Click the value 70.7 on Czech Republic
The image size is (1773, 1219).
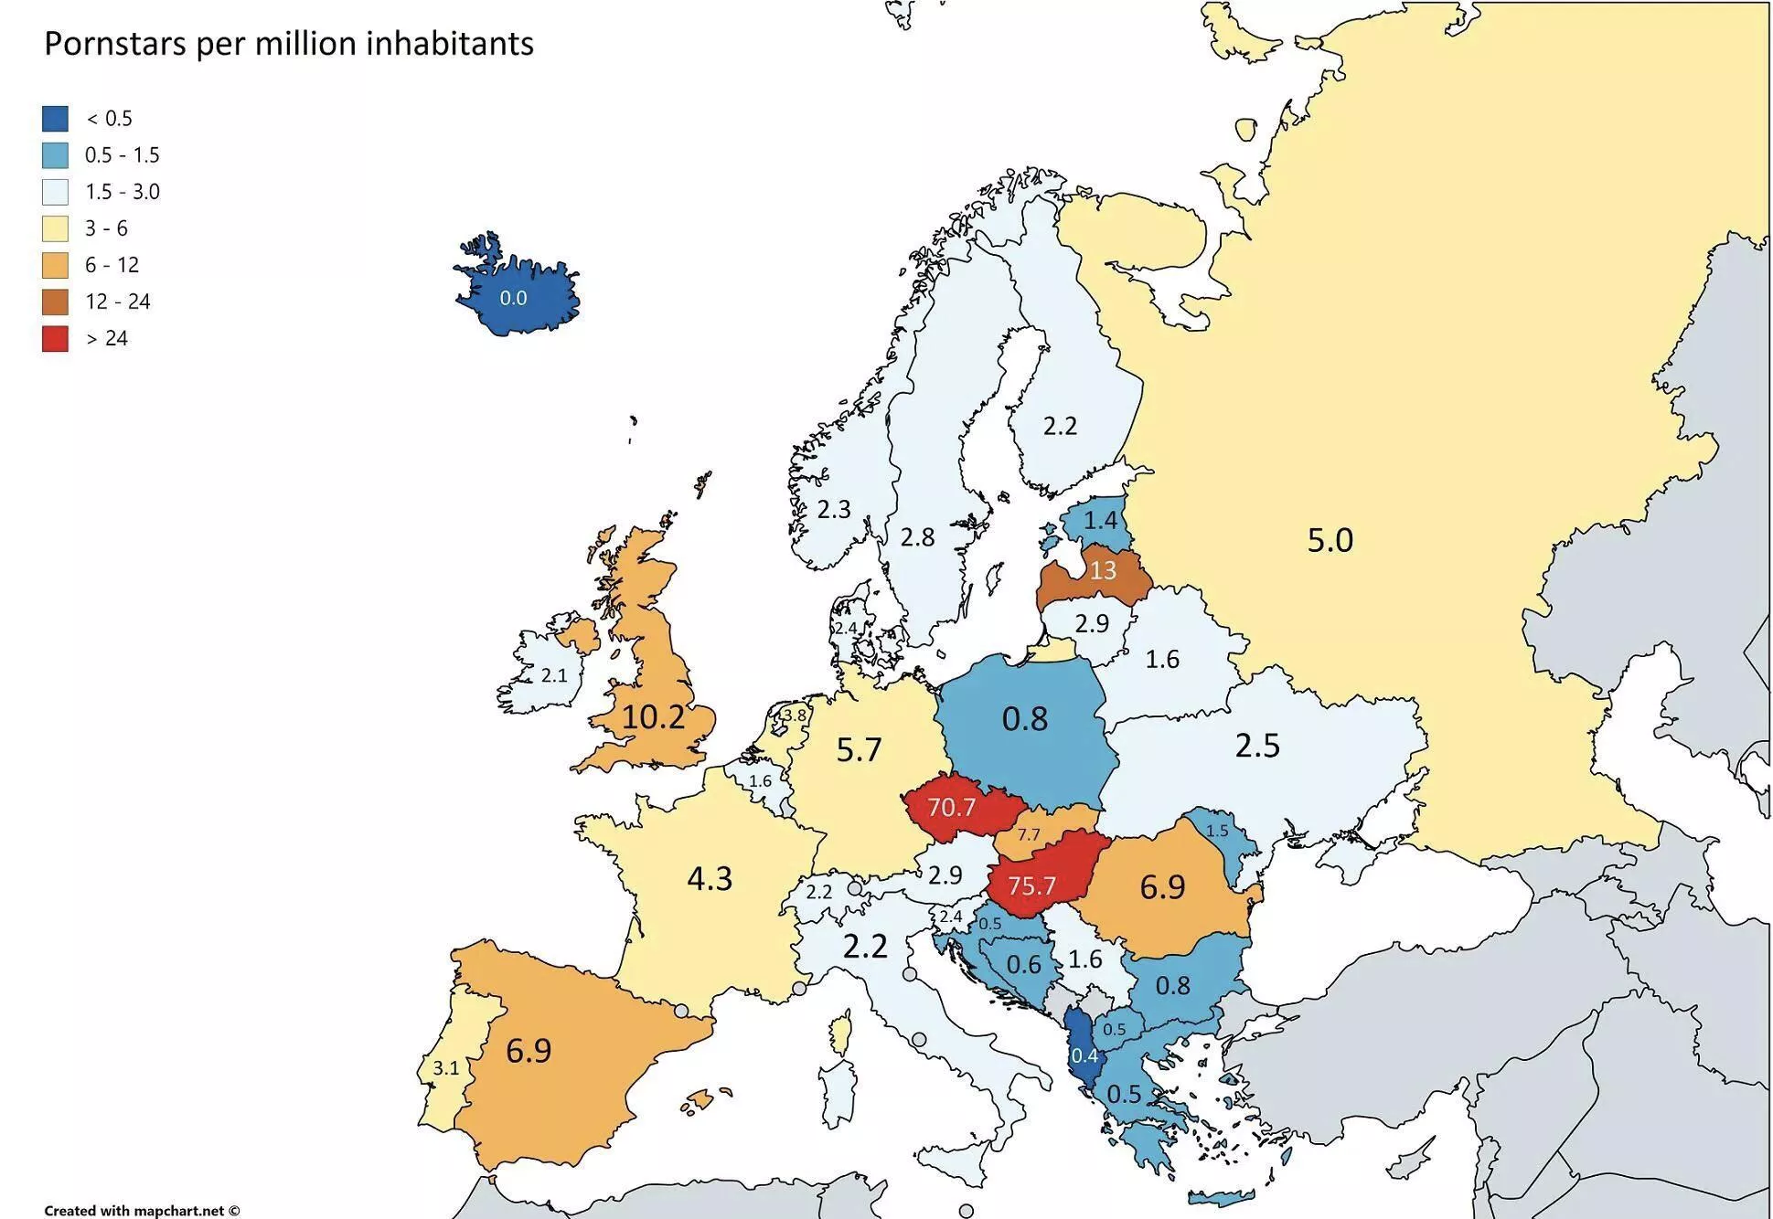coord(951,808)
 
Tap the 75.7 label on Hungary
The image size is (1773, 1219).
coord(1031,886)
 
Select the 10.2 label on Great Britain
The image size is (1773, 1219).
coord(653,717)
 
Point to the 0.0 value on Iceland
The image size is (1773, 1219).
coord(513,298)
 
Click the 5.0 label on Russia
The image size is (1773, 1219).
coord(1330,540)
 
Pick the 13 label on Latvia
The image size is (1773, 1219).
coord(1102,570)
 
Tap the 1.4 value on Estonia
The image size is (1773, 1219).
coord(1100,520)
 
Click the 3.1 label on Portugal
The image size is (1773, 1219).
coord(445,1067)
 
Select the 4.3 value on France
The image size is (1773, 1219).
coord(710,879)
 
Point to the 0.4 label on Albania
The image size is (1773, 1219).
coord(1084,1056)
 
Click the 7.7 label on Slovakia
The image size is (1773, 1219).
coord(1029,834)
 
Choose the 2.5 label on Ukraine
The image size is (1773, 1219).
coord(1257,747)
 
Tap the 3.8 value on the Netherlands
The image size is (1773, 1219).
coord(795,715)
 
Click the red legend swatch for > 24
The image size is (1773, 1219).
coord(55,338)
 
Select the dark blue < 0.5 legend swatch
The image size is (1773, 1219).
coord(55,119)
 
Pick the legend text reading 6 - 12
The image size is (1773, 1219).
coord(112,265)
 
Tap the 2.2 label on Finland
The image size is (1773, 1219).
coord(1060,426)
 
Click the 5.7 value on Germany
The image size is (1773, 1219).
coord(859,750)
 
